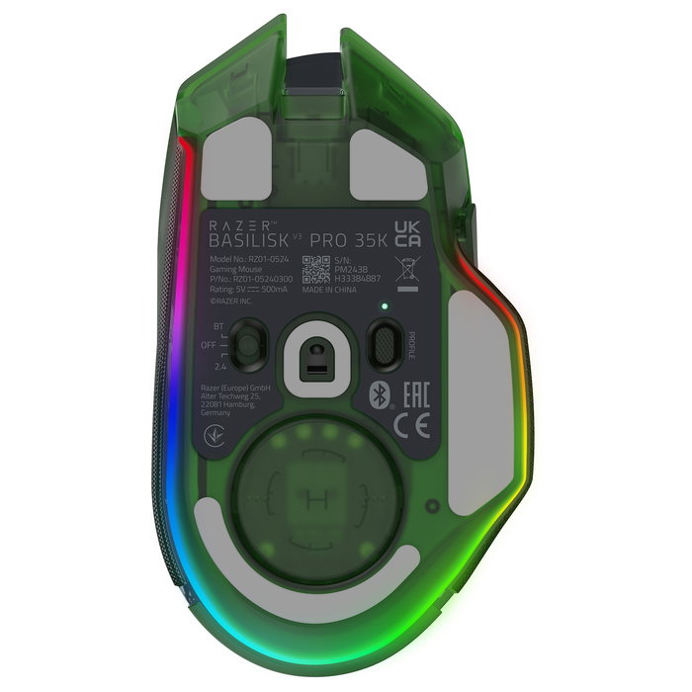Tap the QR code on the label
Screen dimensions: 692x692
coord(317,269)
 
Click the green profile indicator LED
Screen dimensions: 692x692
coord(383,305)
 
